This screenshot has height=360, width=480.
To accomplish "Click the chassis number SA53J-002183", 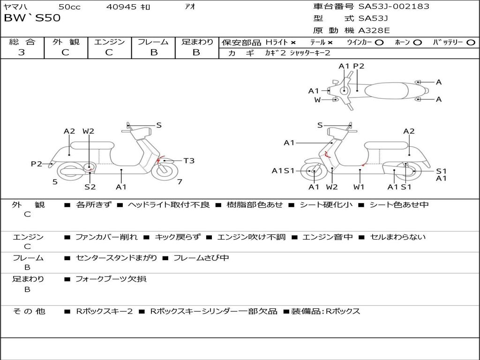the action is pyautogui.click(x=394, y=7).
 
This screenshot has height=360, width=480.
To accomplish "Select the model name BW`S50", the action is pyautogui.click(x=32, y=18).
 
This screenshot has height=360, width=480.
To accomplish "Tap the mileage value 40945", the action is pyautogui.click(x=121, y=7).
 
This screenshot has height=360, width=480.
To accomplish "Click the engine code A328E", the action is pyautogui.click(x=374, y=31).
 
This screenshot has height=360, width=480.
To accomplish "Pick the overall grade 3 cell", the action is pyautogui.click(x=22, y=52).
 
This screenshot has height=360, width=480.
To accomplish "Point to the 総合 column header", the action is pyautogui.click(x=22, y=42).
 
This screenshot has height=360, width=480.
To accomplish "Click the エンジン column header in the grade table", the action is pyautogui.click(x=109, y=42).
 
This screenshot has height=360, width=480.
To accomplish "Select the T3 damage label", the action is pyautogui.click(x=188, y=161).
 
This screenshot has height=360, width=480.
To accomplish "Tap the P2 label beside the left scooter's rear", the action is pyautogui.click(x=37, y=164).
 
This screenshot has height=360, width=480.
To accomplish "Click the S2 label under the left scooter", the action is pyautogui.click(x=90, y=187).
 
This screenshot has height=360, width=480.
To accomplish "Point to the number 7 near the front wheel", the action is pyautogui.click(x=180, y=182).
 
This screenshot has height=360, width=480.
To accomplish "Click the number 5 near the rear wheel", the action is pyautogui.click(x=55, y=182).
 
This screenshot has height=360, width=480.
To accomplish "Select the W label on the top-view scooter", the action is pyautogui.click(x=317, y=99).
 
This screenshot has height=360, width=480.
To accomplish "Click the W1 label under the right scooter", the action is pyautogui.click(x=359, y=187).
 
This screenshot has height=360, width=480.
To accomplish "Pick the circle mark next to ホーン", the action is pyautogui.click(x=417, y=42).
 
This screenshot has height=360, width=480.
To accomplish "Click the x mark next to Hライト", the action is pyautogui.click(x=293, y=42).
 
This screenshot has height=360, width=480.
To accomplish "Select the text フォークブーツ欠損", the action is pyautogui.click(x=111, y=279).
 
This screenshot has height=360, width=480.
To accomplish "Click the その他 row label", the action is pyautogui.click(x=29, y=311).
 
